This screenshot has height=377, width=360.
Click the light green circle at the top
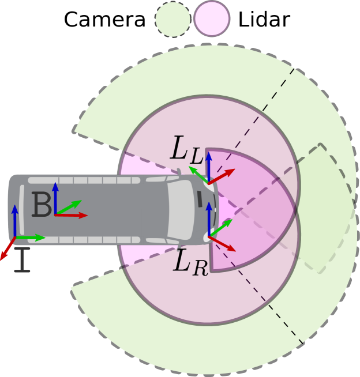[x=172, y=19]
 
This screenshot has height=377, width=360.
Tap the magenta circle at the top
[x=212, y=18]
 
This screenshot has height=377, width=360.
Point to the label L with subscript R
[x=190, y=262]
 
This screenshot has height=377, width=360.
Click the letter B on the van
[x=42, y=205]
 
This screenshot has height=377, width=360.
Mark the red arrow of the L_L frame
[x=222, y=175]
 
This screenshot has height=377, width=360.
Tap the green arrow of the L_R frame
[x=221, y=227]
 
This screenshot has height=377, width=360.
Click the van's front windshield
[x=182, y=210]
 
